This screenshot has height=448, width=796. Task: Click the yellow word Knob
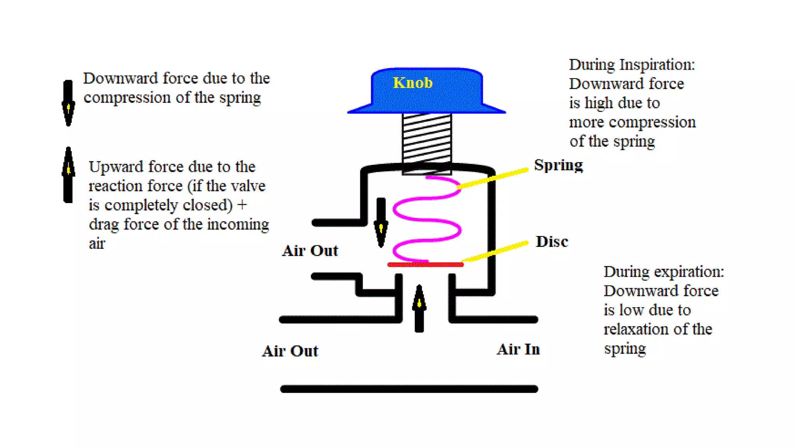[x=412, y=83]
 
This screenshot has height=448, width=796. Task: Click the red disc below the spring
[x=425, y=265]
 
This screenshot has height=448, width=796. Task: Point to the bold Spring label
[x=558, y=165]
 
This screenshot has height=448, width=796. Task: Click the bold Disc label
[x=552, y=242]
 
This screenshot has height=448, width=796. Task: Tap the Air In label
[x=518, y=350]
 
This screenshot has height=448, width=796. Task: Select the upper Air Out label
[x=310, y=251]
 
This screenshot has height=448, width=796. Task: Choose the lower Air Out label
[x=290, y=351]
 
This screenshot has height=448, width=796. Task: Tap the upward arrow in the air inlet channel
[x=419, y=309]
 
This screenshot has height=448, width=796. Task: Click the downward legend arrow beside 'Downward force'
[x=68, y=103]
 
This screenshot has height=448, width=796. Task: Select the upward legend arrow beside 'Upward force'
[x=68, y=175]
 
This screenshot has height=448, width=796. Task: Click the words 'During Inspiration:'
[x=632, y=65]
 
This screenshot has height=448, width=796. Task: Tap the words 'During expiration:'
[x=663, y=272]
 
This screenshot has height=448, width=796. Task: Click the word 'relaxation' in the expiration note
[x=636, y=329]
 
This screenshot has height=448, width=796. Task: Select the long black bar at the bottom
[x=409, y=389]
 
